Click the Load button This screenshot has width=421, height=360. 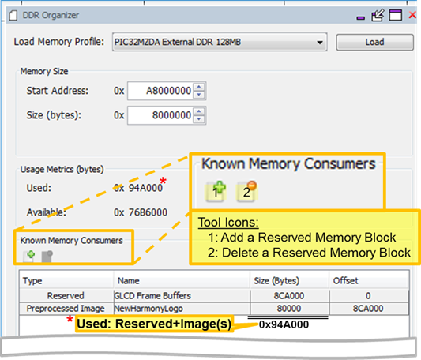coord(374,42)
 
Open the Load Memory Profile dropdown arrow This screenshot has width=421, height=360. coord(320,43)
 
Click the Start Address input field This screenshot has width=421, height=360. coord(160,91)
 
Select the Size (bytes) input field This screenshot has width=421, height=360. coord(160,115)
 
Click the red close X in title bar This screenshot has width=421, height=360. coord(412,15)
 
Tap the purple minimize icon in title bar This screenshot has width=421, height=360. coord(361,18)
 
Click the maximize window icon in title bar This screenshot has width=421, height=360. coord(396,15)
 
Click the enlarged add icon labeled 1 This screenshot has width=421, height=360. coord(216,191)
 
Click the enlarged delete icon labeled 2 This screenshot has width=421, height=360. coord(246,191)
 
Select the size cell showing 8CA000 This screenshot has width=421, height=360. coord(289,295)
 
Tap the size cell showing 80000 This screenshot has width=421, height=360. coord(289,309)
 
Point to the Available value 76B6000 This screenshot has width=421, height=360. coord(148,212)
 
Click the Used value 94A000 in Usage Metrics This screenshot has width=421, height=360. coord(145,188)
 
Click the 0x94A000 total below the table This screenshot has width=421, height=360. coord(284,324)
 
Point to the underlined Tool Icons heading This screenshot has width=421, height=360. coord(228,223)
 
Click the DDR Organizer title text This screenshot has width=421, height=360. coord(51,15)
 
